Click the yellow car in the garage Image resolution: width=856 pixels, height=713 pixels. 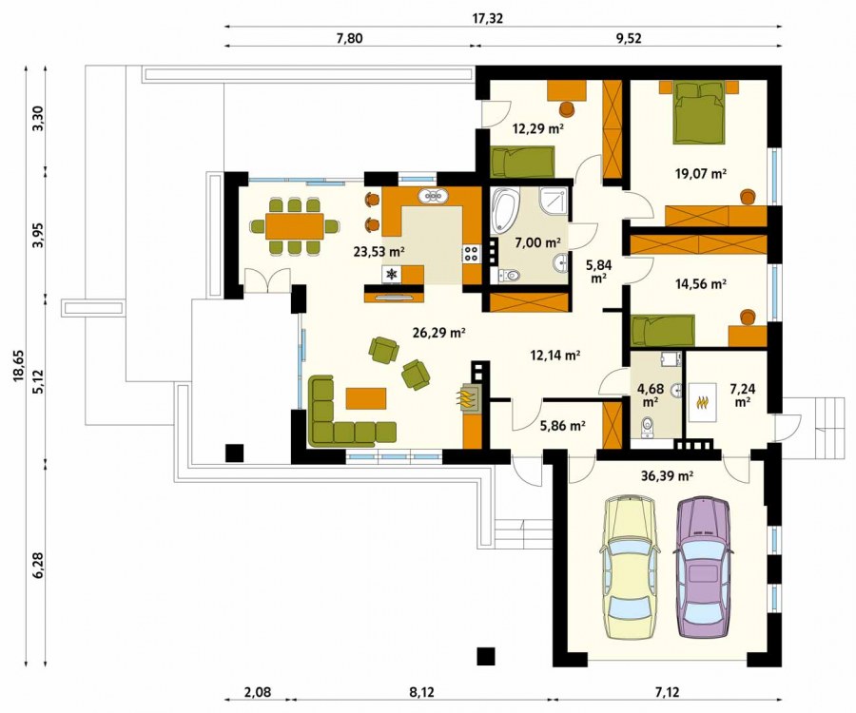tap(629, 567)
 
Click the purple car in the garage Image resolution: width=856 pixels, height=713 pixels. tap(703, 567)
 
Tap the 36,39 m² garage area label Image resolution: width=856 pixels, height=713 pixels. tap(667, 475)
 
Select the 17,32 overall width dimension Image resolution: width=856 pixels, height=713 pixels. tap(488, 18)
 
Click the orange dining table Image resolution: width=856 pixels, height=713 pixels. tap(295, 226)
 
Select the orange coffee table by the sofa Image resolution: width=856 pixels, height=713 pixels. tap(366, 398)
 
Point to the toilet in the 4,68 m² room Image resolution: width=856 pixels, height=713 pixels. tap(648, 426)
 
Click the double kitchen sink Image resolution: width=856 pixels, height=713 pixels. tap(434, 197)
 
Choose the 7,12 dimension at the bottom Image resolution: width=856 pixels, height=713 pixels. tap(667, 693)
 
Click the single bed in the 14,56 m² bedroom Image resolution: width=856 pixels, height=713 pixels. tap(663, 331)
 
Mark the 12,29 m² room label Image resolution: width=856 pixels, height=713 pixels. tap(537, 129)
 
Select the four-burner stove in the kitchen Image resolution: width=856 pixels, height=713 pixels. tap(472, 253)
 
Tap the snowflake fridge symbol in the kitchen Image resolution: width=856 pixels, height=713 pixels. tap(392, 275)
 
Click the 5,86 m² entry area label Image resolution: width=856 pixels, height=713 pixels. tap(563, 426)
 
